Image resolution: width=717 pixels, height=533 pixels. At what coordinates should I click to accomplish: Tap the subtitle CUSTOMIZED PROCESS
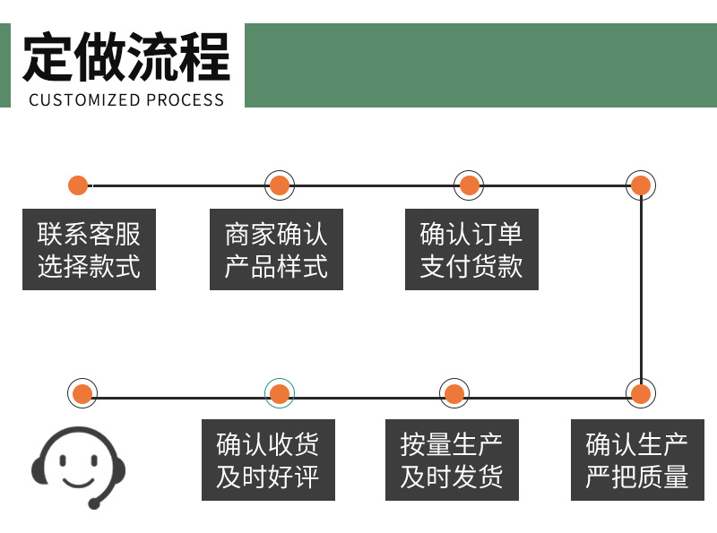[x=126, y=99]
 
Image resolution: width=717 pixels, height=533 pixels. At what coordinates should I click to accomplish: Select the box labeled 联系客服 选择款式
[x=89, y=250]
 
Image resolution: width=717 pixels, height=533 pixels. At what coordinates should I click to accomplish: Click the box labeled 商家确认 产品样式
[x=276, y=250]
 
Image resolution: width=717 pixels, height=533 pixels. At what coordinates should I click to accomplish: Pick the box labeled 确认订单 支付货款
[x=471, y=250]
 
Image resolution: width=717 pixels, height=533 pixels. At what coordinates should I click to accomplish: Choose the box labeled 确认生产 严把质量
[x=637, y=460]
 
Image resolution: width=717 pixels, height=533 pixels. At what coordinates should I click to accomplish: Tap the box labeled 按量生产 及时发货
[x=452, y=460]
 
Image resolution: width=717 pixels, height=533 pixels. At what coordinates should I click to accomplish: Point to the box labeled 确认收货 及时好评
[x=268, y=460]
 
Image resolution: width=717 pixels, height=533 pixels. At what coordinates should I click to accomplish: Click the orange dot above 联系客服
[x=78, y=185]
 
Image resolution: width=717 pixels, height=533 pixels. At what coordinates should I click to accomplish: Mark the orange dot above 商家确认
[x=280, y=185]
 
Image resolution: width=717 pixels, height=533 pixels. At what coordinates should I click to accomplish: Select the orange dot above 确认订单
[x=469, y=185]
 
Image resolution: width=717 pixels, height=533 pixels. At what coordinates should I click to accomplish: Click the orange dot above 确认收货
[x=280, y=393]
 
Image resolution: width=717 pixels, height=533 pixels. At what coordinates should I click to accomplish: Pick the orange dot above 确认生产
[x=641, y=393]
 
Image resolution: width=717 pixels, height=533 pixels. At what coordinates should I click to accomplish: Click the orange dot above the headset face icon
[x=82, y=393]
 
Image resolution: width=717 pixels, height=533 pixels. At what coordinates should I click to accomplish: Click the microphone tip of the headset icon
[x=94, y=504]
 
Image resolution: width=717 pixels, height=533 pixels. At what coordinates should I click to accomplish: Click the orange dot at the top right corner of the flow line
[x=641, y=185]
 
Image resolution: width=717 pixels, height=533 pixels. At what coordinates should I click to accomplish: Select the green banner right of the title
[x=480, y=65]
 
